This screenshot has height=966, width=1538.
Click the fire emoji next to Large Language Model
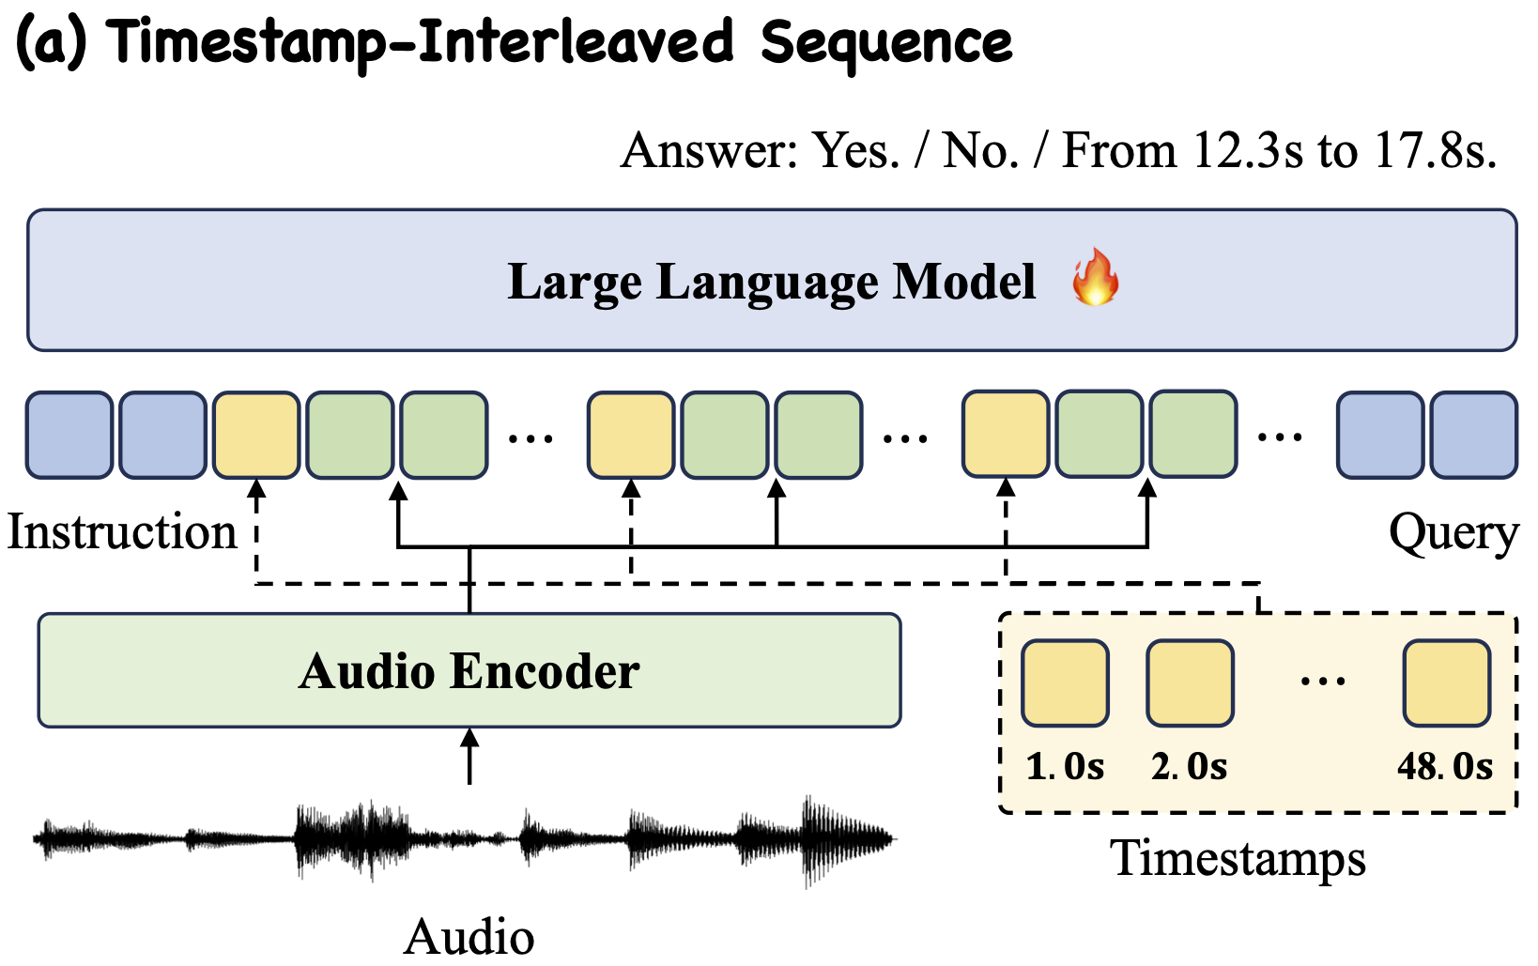tap(1095, 279)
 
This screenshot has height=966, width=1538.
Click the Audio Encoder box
tap(469, 670)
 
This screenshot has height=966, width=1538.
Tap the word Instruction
tap(122, 532)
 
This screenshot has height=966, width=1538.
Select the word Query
tap(1453, 533)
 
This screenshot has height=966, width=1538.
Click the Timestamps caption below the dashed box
tap(1238, 858)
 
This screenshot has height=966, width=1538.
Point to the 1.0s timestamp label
tap(1065, 767)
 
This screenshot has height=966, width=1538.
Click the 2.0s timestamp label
tap(1189, 767)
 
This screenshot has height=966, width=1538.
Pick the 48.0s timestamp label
tap(1444, 767)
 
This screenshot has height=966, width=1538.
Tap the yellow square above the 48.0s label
tap(1446, 683)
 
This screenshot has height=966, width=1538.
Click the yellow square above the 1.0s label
tap(1065, 683)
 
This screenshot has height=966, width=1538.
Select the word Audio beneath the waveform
tap(469, 937)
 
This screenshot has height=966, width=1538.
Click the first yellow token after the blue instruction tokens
tap(256, 436)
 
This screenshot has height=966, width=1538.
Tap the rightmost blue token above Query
tap(1473, 436)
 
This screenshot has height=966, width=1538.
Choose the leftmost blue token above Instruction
tap(69, 436)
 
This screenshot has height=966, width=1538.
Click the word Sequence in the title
tap(886, 43)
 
